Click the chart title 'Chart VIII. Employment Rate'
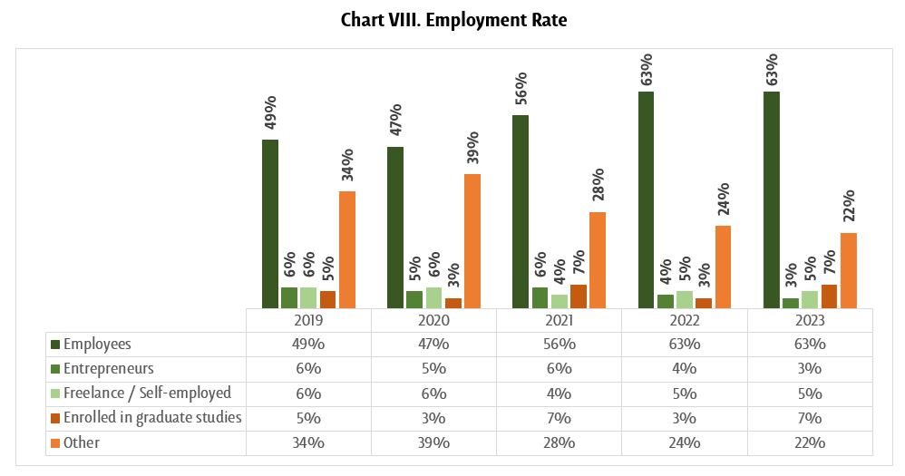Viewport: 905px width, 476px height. point(453,20)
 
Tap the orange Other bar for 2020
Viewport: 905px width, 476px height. point(472,241)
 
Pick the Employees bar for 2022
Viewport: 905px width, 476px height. point(646,199)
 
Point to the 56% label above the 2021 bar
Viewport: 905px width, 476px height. point(521,93)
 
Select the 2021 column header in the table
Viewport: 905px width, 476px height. point(559,321)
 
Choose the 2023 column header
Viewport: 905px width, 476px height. point(810,321)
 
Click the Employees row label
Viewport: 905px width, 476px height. point(97,345)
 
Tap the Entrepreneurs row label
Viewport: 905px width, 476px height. point(108,369)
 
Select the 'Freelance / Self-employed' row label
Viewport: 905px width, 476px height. point(147,393)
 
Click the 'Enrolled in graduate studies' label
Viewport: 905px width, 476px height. point(152,418)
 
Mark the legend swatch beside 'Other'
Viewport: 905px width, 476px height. point(55,443)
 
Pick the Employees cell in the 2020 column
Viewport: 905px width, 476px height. point(433,345)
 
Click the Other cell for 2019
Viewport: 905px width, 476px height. point(308,442)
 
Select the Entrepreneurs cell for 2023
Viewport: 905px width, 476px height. point(810,369)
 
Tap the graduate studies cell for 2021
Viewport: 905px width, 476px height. point(559,418)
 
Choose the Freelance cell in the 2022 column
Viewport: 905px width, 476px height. point(684,393)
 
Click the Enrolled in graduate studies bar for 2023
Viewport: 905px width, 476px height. point(830,296)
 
